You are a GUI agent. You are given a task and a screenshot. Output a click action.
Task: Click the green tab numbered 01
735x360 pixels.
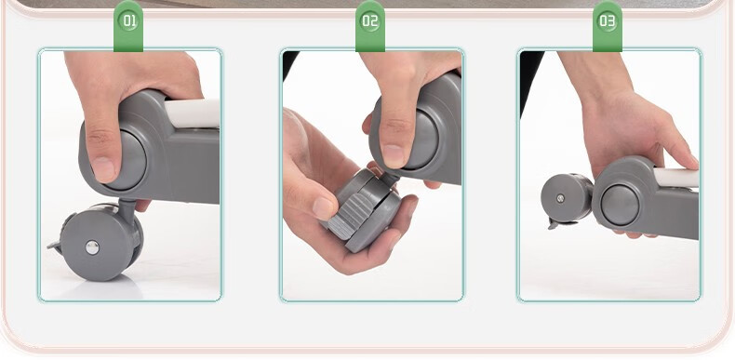click(x=128, y=26)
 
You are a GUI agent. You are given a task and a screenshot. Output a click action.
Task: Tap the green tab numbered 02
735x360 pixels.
click(x=370, y=26)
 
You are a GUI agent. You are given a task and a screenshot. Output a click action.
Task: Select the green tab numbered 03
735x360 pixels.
click(x=607, y=26)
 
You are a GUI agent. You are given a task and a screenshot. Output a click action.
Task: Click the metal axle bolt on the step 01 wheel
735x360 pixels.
click(x=92, y=247)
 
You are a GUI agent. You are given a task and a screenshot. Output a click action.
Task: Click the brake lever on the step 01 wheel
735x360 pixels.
click(x=55, y=246)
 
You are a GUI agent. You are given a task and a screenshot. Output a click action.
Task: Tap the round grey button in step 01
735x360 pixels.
click(x=129, y=159)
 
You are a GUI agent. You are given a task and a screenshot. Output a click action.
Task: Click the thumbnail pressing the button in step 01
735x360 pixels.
click(x=102, y=169)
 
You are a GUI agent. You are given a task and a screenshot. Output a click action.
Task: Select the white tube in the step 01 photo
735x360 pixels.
click(x=192, y=113)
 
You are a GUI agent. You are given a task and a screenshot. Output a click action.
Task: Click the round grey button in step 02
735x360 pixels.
click(x=421, y=140)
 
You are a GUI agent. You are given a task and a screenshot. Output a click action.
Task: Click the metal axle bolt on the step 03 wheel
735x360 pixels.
click(x=560, y=198)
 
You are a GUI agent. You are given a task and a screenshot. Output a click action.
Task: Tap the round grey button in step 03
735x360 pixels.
click(x=620, y=205)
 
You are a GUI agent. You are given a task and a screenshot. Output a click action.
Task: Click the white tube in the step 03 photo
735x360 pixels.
click(x=676, y=178)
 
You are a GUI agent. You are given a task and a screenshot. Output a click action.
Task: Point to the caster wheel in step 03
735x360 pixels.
click(x=567, y=199)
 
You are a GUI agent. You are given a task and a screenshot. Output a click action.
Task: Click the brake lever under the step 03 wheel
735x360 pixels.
click(x=558, y=223)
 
